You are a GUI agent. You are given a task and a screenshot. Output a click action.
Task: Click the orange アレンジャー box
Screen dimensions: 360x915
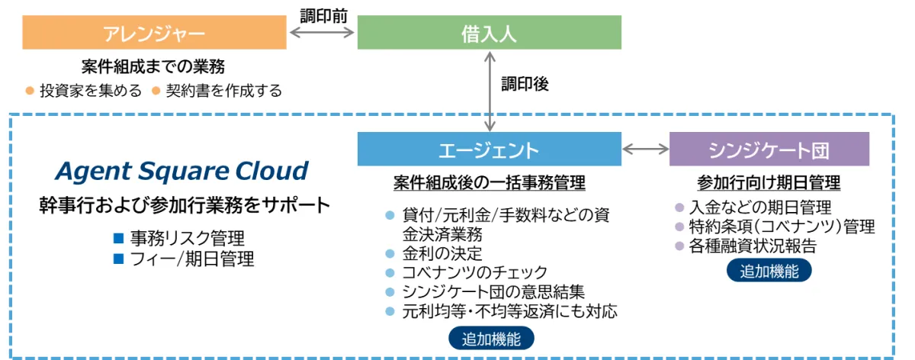point(154,33)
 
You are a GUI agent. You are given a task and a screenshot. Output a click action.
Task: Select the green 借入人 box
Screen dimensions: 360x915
point(489,33)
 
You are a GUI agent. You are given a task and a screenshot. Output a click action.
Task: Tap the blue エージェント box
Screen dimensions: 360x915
point(489,149)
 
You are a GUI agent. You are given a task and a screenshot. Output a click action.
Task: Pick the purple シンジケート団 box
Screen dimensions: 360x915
point(769,149)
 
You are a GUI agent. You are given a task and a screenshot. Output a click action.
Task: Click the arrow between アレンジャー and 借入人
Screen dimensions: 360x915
point(322,33)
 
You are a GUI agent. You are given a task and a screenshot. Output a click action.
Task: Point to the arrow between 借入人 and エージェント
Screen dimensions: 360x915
point(489,90)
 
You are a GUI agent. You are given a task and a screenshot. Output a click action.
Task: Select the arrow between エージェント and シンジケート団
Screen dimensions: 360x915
point(645,149)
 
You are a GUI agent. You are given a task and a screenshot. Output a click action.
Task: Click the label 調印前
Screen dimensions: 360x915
point(322,14)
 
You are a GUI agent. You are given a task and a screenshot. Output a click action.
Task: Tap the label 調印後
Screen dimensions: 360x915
point(525,84)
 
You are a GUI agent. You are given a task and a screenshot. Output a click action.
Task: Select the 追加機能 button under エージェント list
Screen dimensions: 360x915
point(492,339)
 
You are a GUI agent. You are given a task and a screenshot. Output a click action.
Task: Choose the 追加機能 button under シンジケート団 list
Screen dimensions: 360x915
point(769,271)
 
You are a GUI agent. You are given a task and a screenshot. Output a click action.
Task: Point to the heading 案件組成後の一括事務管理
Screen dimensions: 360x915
point(490,183)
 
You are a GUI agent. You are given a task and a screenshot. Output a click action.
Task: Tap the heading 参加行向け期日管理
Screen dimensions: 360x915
point(769,183)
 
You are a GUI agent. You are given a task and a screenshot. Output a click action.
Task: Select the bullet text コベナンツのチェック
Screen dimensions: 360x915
point(475,272)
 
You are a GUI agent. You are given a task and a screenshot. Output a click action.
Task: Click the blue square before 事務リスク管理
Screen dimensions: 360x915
point(118,238)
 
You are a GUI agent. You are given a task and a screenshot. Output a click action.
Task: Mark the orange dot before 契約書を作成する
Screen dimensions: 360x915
point(155,92)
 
